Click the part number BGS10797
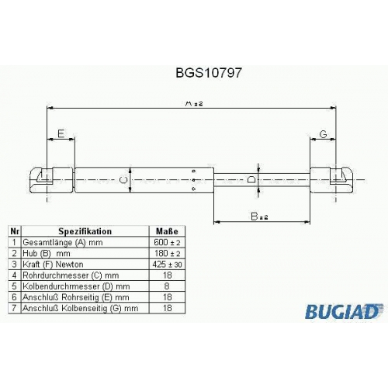tap(209, 73)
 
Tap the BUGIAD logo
tap(344, 311)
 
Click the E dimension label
tap(61, 133)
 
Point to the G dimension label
tap(324, 134)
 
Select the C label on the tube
tap(124, 180)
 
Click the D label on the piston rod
tap(251, 179)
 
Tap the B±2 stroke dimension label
tap(259, 217)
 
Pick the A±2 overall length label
tap(194, 103)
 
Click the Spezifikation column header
tap(85, 231)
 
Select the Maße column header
tap(167, 231)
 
